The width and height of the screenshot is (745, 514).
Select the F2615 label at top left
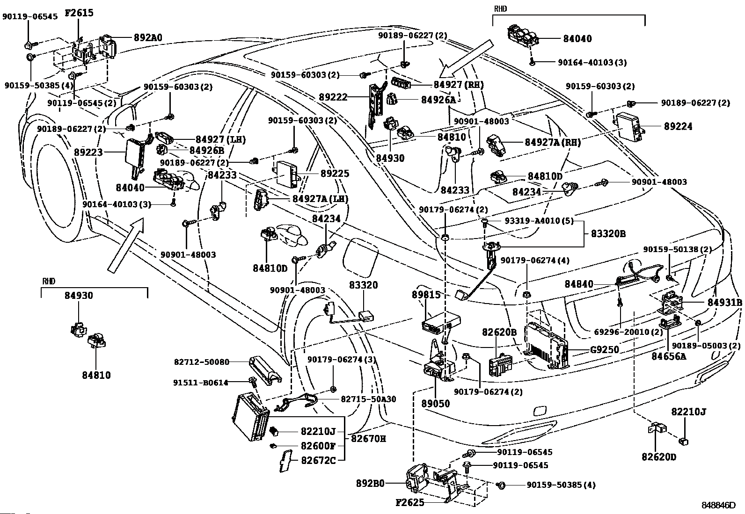[x=79, y=13]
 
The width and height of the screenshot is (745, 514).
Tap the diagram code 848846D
[x=718, y=506]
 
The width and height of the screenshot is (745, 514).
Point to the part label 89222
[x=333, y=97]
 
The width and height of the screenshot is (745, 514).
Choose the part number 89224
[x=678, y=126]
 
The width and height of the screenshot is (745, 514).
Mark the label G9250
[x=604, y=349]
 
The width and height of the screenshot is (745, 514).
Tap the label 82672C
[x=318, y=460]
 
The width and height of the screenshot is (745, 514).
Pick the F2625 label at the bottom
[x=409, y=503]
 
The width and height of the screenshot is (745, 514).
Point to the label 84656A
[x=669, y=357]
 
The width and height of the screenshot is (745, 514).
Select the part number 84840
[x=579, y=284]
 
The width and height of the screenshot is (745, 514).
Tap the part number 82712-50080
[x=202, y=362]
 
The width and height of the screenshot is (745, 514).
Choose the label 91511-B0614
[x=202, y=383]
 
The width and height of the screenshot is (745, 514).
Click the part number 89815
[x=426, y=295]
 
